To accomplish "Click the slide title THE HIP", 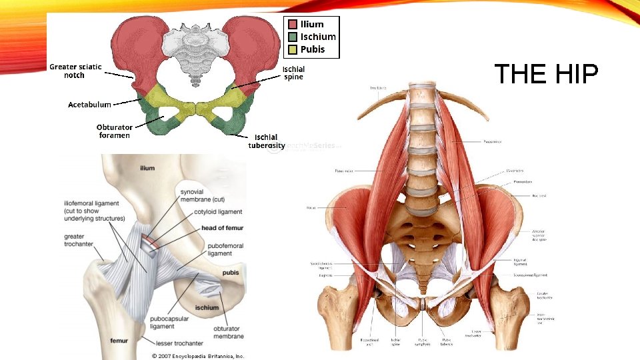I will click(545, 75).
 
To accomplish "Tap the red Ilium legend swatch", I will click(293, 25).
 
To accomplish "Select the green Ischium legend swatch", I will click(293, 37).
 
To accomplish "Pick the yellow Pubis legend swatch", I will click(293, 49).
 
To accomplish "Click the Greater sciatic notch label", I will click(75, 71).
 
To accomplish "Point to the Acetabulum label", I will click(89, 105).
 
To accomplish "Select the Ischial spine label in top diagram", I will click(293, 73).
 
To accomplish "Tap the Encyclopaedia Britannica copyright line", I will click(198, 356).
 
